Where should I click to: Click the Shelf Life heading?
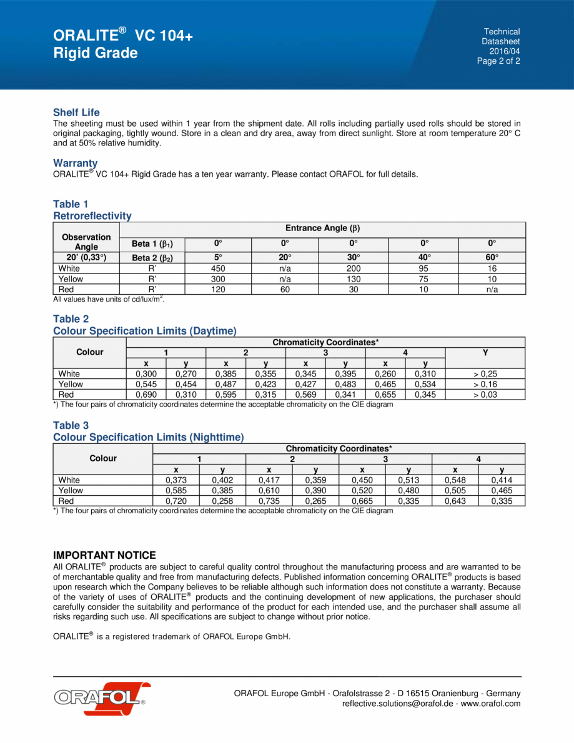coord(76,112)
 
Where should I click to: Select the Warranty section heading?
coord(75,164)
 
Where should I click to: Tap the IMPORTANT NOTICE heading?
coord(104,555)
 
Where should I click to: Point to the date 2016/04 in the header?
coord(504,51)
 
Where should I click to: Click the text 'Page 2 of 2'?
coord(498,61)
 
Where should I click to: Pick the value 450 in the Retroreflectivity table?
coord(218,268)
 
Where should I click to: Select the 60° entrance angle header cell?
coord(492,257)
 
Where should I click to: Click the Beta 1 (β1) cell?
coord(152,244)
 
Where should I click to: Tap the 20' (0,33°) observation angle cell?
coord(86,257)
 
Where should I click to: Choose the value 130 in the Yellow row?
coord(353,279)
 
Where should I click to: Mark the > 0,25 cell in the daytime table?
coord(485,374)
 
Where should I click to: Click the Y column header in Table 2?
coord(485,352)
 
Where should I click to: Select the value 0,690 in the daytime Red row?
coord(146,395)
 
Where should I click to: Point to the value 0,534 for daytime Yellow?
coord(425,385)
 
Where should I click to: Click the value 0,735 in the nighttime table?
coord(269,501)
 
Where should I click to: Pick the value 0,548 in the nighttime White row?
coord(455,480)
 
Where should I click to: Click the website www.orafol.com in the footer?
coord(490,704)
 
